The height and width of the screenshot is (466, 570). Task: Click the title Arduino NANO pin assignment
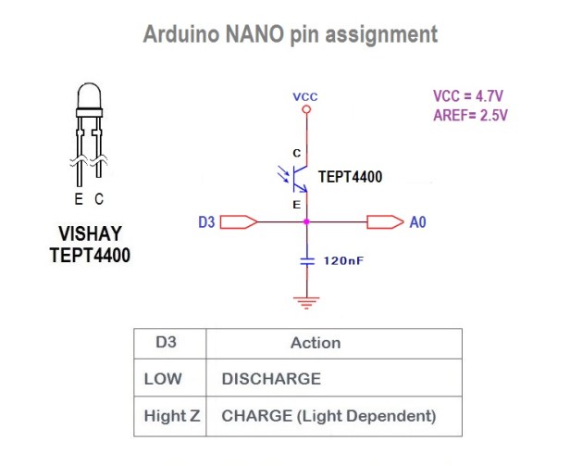click(x=290, y=35)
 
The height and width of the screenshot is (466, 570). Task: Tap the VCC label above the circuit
click(x=305, y=96)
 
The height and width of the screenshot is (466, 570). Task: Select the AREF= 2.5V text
click(x=470, y=116)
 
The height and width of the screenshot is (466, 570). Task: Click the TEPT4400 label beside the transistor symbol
click(x=350, y=176)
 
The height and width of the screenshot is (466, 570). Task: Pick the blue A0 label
click(x=417, y=222)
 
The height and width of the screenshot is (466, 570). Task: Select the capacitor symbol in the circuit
click(x=307, y=261)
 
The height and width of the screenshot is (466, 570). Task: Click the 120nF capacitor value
click(x=343, y=261)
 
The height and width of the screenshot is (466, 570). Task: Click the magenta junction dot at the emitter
click(x=307, y=222)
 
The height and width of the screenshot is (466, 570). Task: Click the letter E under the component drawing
click(x=79, y=200)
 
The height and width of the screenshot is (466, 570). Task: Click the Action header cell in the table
click(x=316, y=343)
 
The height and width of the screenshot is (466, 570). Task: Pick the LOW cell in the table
click(x=164, y=379)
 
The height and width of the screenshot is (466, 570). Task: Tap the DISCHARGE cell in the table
click(x=271, y=379)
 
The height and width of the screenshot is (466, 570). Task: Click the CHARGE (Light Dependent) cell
click(x=328, y=416)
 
